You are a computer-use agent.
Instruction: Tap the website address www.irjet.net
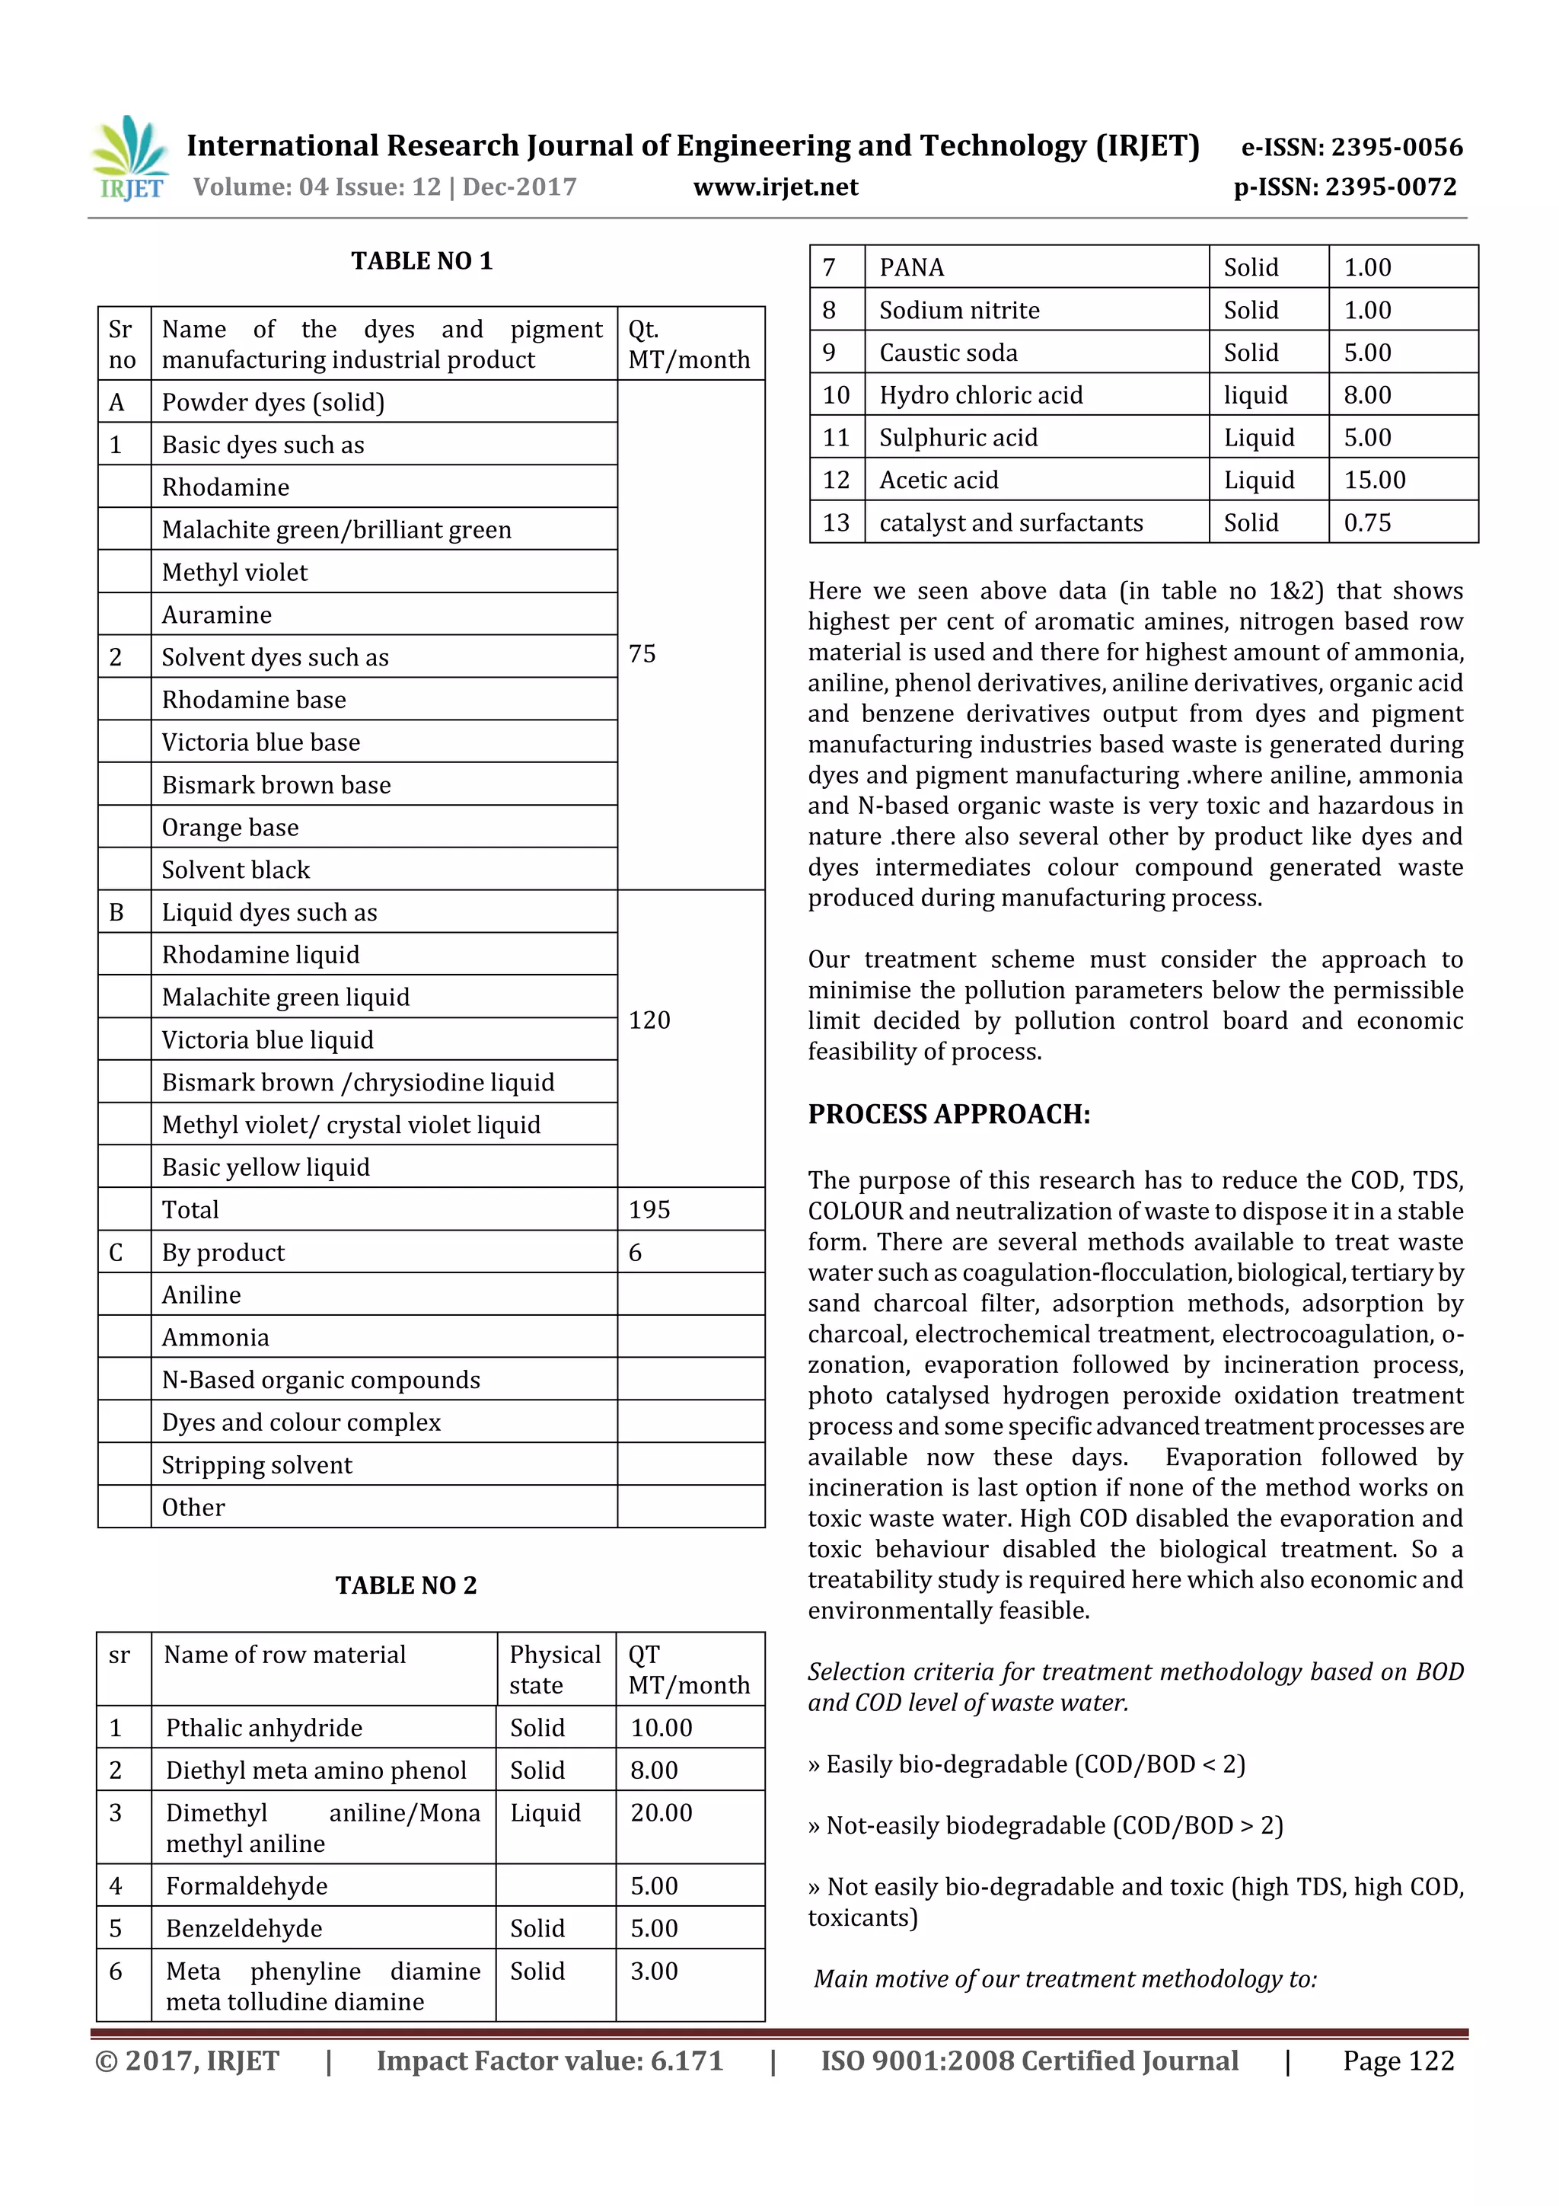coord(775,187)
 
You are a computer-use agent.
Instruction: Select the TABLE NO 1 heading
coord(421,261)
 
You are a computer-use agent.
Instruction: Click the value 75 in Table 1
coord(642,654)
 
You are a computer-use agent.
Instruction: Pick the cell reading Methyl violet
coord(234,573)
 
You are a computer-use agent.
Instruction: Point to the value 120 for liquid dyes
coord(649,1020)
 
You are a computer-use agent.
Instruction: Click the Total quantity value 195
coord(649,1210)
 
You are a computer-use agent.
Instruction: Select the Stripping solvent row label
coord(257,1465)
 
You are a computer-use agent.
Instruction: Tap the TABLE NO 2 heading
coord(406,1585)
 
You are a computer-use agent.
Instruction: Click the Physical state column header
coord(554,1670)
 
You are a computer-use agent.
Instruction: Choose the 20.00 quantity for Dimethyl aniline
coord(661,1813)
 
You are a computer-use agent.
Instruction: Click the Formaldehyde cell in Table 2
coord(247,1886)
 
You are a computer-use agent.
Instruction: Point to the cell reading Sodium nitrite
coord(958,311)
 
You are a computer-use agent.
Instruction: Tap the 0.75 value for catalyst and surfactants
coord(1367,522)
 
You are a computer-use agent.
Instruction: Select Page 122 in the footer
coord(1398,2061)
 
